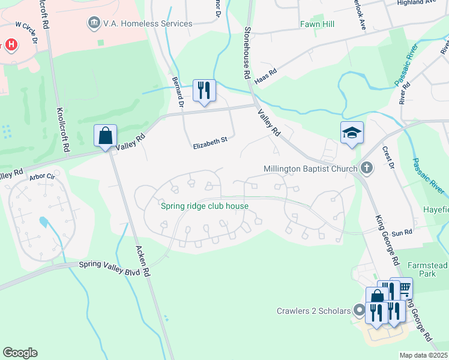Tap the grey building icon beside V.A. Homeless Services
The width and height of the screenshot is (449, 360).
[94, 23]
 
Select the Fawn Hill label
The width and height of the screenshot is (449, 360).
[317, 25]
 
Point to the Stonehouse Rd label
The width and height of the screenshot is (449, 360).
[247, 53]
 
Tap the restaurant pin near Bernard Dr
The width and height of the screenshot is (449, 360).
[203, 91]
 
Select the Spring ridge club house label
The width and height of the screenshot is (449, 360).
[205, 206]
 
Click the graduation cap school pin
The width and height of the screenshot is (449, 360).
[352, 133]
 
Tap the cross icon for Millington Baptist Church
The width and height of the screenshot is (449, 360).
[366, 169]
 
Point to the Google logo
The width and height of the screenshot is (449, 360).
[20, 353]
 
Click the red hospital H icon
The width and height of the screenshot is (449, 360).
[10, 45]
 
